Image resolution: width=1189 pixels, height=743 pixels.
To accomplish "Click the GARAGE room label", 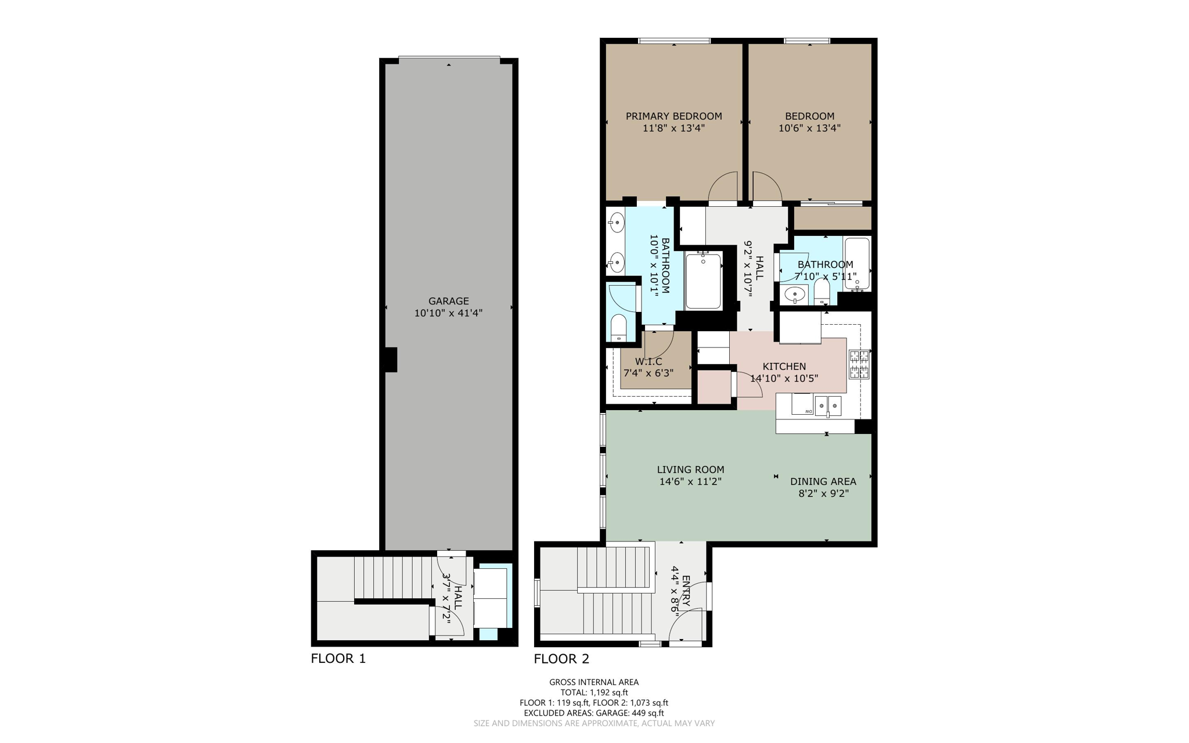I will point(448,301).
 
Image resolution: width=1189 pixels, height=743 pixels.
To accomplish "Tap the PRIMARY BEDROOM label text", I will point(673,116).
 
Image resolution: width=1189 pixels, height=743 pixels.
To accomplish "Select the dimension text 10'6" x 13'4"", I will point(809,128).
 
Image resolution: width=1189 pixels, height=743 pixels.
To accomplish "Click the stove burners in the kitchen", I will point(859,364).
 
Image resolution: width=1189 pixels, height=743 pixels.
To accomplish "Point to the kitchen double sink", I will point(828,405).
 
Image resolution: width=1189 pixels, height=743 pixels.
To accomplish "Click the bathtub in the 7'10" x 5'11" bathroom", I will point(857,263).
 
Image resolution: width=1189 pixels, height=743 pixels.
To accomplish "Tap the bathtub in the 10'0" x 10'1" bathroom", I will point(703,281).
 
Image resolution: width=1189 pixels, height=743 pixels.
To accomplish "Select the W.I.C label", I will point(648,361).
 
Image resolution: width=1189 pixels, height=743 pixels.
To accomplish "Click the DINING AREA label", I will point(823,481).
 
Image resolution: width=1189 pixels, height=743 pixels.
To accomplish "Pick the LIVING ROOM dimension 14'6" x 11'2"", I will point(690,482).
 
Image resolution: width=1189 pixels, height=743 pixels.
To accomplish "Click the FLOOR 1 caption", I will point(338,658).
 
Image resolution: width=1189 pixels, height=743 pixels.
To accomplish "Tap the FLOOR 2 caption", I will point(561,658).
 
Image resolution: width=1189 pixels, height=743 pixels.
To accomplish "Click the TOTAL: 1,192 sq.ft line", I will point(594,692).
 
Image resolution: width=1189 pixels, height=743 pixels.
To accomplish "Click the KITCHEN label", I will point(784,366).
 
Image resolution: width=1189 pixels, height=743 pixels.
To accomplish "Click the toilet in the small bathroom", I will point(822,292).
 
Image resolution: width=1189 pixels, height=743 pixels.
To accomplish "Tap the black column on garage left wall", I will point(391,360).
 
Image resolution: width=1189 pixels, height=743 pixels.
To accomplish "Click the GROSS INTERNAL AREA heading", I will point(594,682).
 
